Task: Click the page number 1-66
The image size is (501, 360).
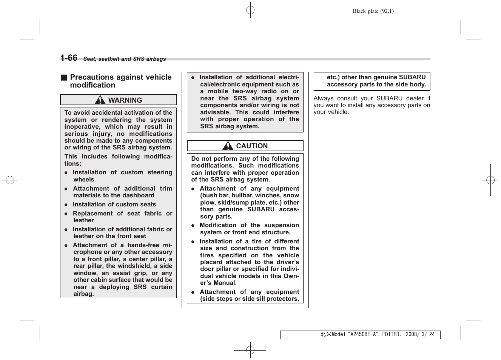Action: point(69,58)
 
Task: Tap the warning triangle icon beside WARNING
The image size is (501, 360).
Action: point(100,100)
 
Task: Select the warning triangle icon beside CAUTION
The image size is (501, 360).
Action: point(228,146)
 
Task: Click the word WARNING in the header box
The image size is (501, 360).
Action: point(125,100)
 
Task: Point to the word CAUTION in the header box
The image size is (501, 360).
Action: point(252,146)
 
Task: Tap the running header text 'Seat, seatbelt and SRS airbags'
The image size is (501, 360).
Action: point(124,59)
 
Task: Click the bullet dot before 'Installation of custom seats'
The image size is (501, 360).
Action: point(66,205)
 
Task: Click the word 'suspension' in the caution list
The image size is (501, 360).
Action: point(282,225)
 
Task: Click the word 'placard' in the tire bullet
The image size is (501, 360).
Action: point(211,262)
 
